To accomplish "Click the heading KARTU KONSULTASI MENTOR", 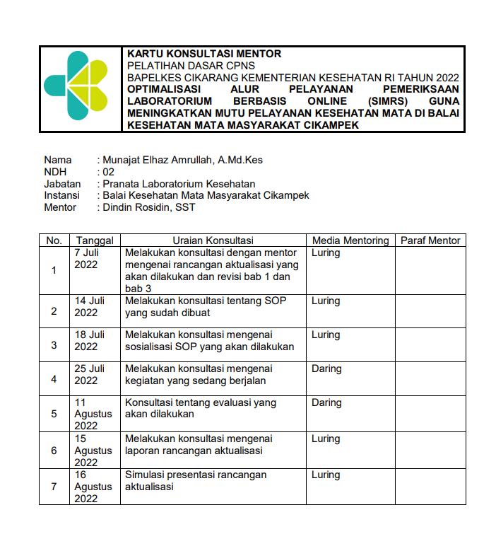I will tap(204, 54).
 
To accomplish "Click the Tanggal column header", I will tap(95, 240).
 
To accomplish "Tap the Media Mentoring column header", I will tap(350, 240).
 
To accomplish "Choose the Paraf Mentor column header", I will tap(430, 240).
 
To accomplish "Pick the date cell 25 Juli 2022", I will tap(90, 375).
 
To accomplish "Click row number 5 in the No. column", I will tap(54, 414).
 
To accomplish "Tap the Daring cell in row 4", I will tap(326, 368).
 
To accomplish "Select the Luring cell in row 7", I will tap(326, 475).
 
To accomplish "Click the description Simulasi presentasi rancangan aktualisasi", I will tap(196, 481).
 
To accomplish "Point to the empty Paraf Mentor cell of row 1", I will tap(430, 270).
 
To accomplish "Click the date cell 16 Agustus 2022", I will tap(93, 487).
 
